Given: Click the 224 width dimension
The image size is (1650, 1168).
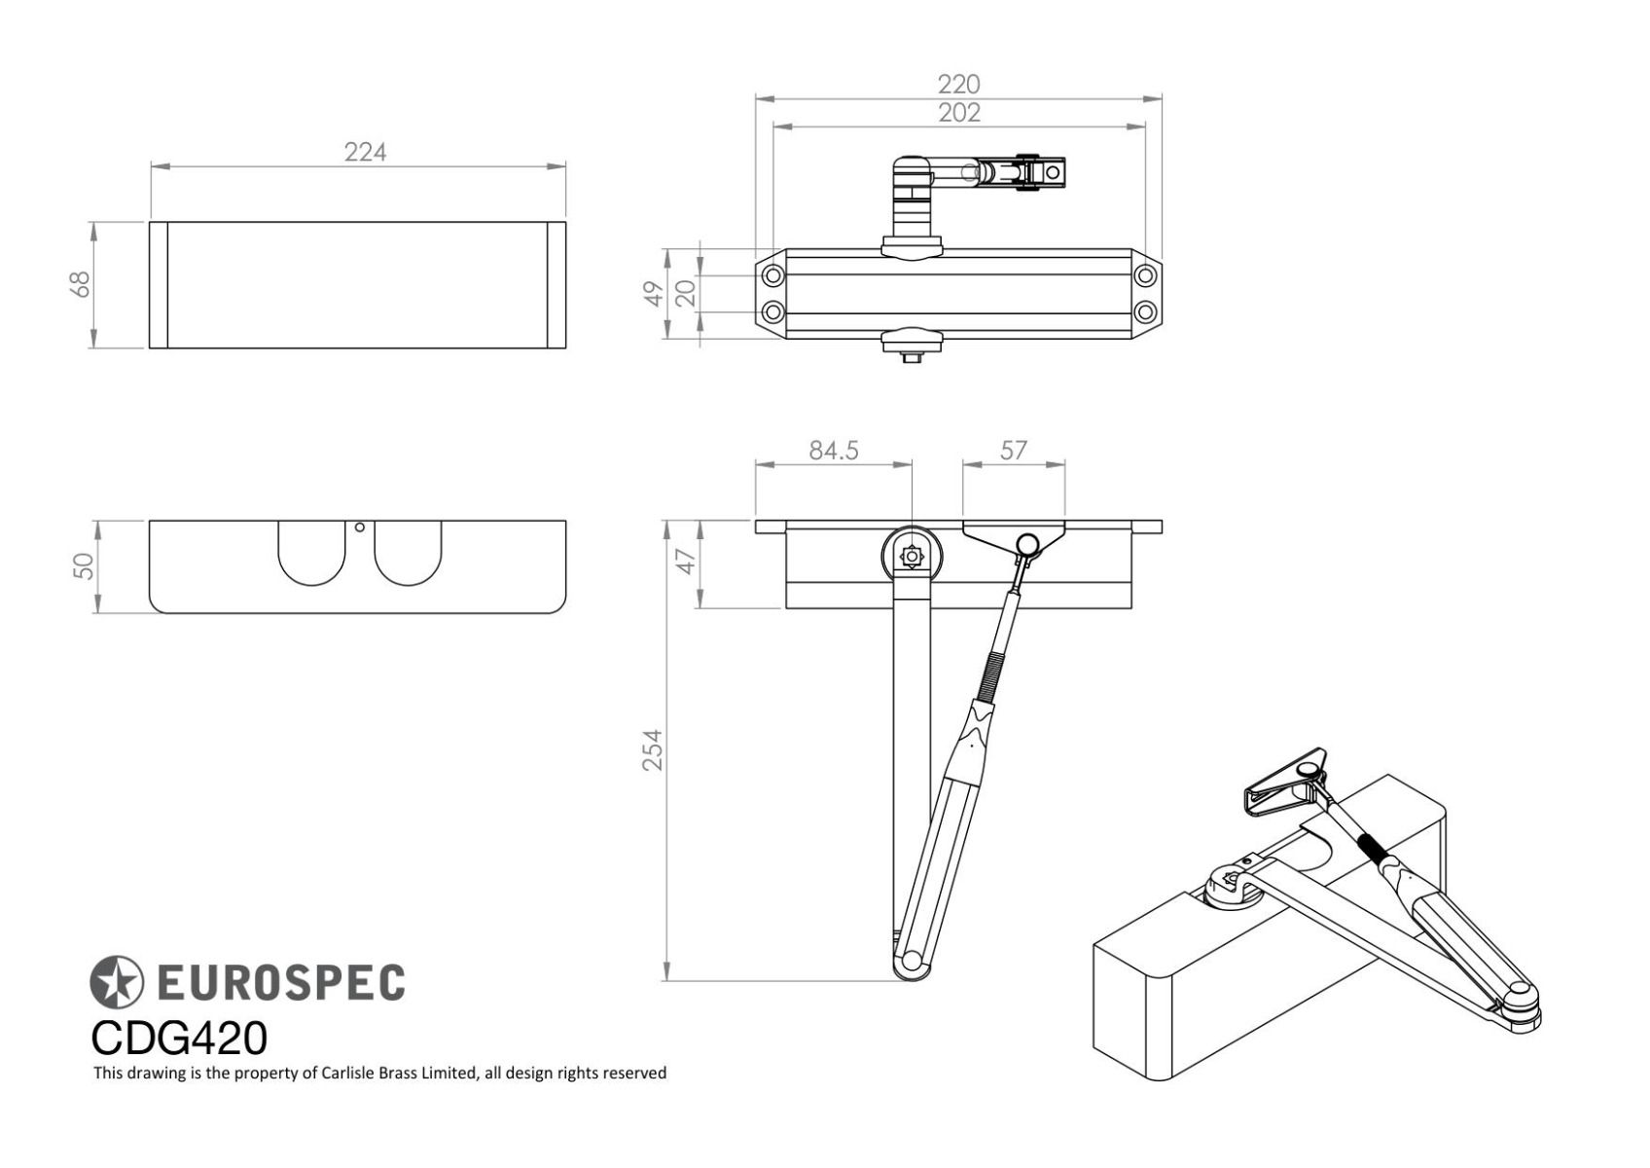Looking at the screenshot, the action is [x=366, y=153].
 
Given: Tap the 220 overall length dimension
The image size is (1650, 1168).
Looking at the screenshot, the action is [x=959, y=85].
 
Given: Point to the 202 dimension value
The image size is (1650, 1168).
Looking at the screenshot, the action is [x=959, y=114].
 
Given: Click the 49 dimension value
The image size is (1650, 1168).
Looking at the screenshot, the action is [x=654, y=293].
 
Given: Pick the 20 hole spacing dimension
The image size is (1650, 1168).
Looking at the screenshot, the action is [x=685, y=293].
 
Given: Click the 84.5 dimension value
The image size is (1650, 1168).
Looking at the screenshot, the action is [x=834, y=451].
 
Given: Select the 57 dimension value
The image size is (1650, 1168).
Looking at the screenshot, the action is [x=1014, y=451].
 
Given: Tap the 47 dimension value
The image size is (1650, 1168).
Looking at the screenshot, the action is [x=685, y=562].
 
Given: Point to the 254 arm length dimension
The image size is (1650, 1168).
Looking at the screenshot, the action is [x=653, y=750].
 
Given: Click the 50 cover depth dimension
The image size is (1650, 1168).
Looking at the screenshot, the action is [x=84, y=566].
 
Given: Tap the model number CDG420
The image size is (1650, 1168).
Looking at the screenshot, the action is [x=179, y=1039].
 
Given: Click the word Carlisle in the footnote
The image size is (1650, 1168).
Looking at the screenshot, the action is [x=347, y=1073].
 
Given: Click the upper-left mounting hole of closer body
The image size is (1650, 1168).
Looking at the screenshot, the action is [x=772, y=276].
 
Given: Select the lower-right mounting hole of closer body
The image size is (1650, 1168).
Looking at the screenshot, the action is [x=1145, y=311].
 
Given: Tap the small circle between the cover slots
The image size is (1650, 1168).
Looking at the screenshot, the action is [x=359, y=527].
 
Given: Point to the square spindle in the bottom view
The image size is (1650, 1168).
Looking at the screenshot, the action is [x=912, y=556].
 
